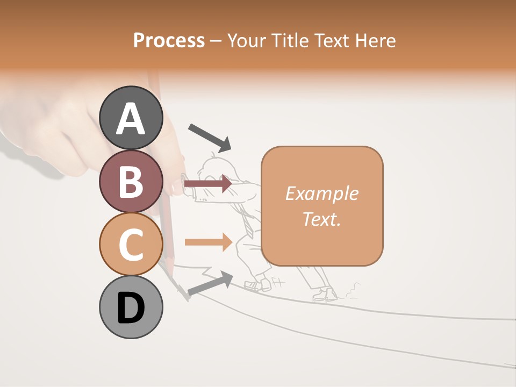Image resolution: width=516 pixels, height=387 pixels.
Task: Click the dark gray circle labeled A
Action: pos(131,118)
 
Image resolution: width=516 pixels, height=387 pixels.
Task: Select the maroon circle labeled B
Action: pos(131,181)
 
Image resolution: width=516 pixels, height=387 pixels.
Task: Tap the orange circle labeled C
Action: pos(131,244)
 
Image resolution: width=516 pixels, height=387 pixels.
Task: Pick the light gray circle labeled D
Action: pos(131,307)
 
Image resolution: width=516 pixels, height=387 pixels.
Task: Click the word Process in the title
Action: pos(169,40)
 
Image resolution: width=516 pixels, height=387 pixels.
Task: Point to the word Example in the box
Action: pos(321,193)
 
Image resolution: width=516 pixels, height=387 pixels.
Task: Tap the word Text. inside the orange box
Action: pos(321,219)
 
